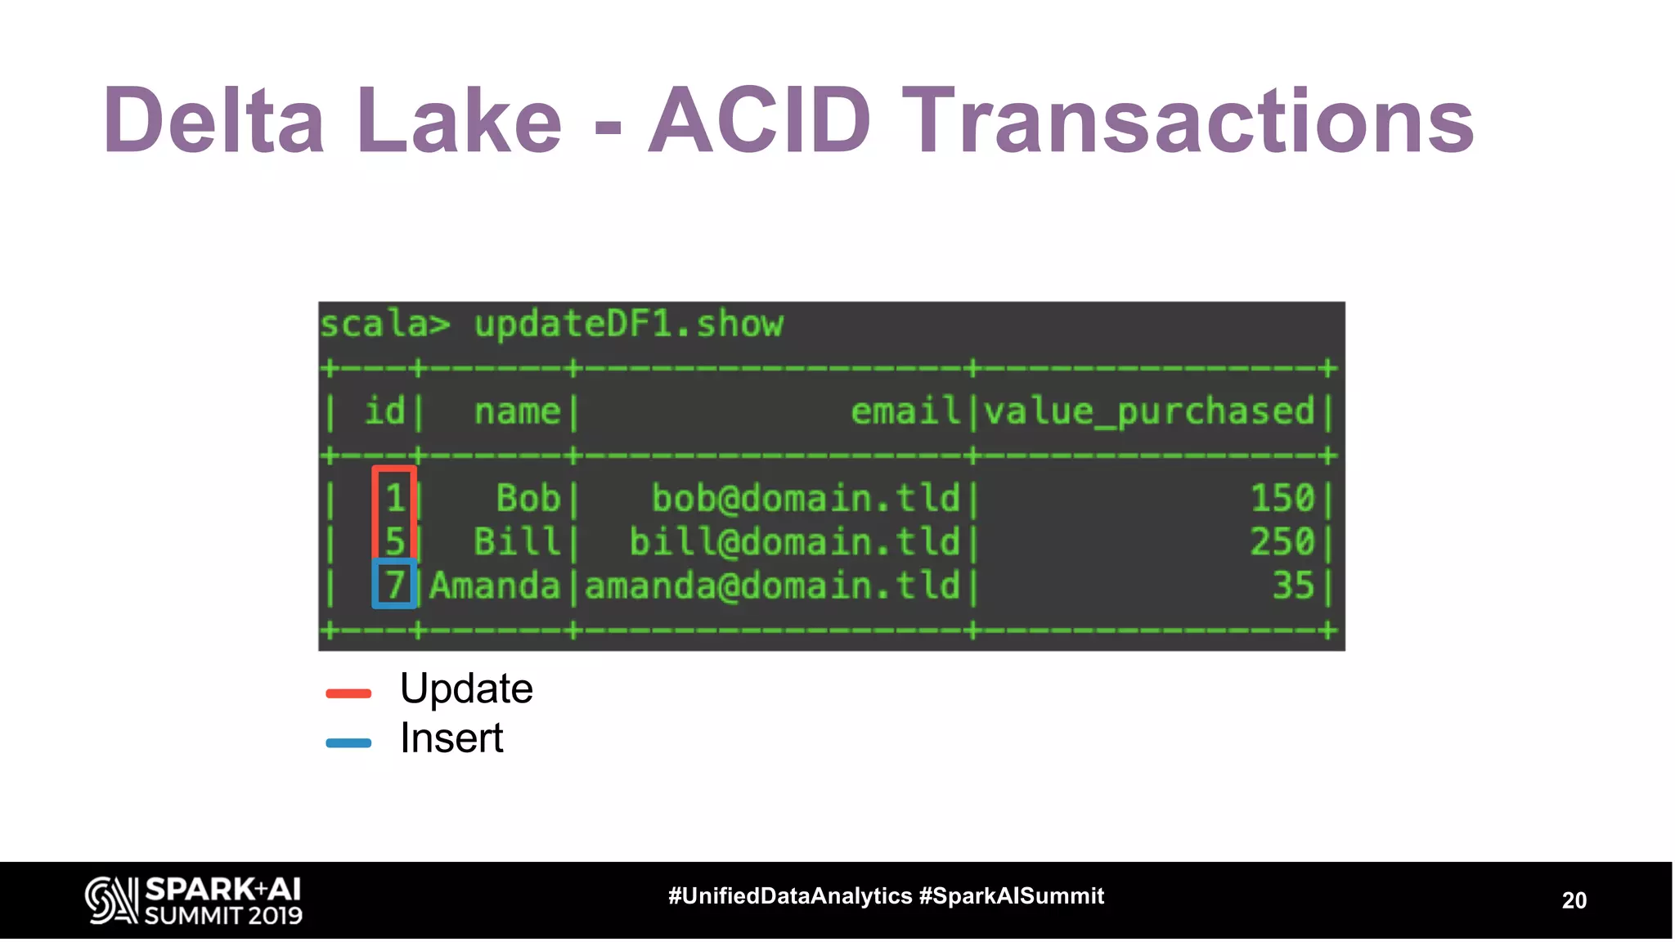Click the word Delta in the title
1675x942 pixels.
pos(213,121)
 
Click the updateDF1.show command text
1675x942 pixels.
pos(628,325)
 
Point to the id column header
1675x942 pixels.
pos(384,410)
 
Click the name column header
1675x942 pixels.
pos(517,410)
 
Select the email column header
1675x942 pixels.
pos(905,410)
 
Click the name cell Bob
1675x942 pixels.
pos(528,498)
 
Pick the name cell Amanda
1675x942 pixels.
pos(495,585)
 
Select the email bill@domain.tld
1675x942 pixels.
pos(793,542)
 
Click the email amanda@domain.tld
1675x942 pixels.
pos(772,585)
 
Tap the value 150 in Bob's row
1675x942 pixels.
pos(1282,498)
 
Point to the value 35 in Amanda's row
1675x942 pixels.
pos(1292,585)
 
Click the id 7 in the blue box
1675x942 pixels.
pos(395,585)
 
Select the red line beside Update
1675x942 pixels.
pos(348,693)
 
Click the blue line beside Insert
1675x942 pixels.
pos(348,743)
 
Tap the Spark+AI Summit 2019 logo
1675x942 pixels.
pos(194,900)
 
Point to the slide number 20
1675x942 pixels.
pos(1574,900)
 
